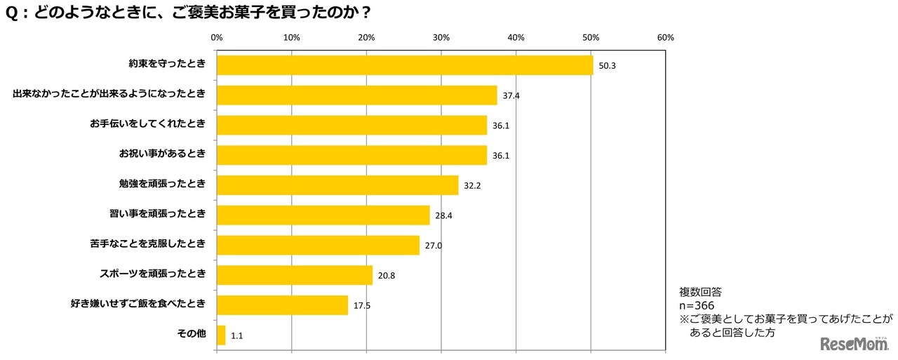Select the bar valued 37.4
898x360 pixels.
coord(357,95)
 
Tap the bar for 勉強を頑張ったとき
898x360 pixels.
coord(337,185)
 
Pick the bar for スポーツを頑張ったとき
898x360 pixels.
coord(295,275)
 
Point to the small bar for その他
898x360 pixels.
coord(222,335)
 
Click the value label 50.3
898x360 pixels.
coord(607,66)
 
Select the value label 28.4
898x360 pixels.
coord(443,215)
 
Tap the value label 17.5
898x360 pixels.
coord(362,305)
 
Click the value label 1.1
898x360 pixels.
coord(238,335)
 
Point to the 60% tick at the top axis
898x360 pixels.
coord(665,37)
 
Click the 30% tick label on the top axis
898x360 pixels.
coord(441,37)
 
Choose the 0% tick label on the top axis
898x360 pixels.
coord(217,37)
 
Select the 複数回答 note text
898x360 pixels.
coord(701,291)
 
